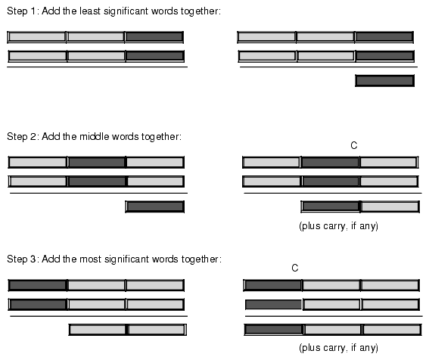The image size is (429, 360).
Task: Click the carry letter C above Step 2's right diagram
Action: [x=354, y=145]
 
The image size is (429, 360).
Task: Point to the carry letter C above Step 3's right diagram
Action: [x=294, y=268]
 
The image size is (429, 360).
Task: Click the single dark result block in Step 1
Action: [x=384, y=81]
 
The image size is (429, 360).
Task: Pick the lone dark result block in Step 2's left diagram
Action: [x=155, y=206]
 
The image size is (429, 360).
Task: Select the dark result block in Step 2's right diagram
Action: [x=331, y=206]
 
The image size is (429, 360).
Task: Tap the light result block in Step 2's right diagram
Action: [x=390, y=206]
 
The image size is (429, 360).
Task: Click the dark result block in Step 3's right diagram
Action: [x=274, y=329]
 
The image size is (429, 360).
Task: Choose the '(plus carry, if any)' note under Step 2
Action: [x=338, y=226]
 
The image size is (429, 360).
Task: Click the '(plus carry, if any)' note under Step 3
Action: [x=338, y=347]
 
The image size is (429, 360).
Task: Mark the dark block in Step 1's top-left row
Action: [x=154, y=37]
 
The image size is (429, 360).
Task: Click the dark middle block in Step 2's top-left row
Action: [x=96, y=162]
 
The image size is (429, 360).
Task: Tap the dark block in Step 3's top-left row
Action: [x=38, y=285]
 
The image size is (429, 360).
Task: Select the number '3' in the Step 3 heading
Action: [x=33, y=259]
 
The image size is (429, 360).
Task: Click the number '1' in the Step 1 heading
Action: [x=33, y=11]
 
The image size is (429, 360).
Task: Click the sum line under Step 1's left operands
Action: [x=97, y=67]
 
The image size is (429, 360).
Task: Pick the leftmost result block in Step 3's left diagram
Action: [x=98, y=329]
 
